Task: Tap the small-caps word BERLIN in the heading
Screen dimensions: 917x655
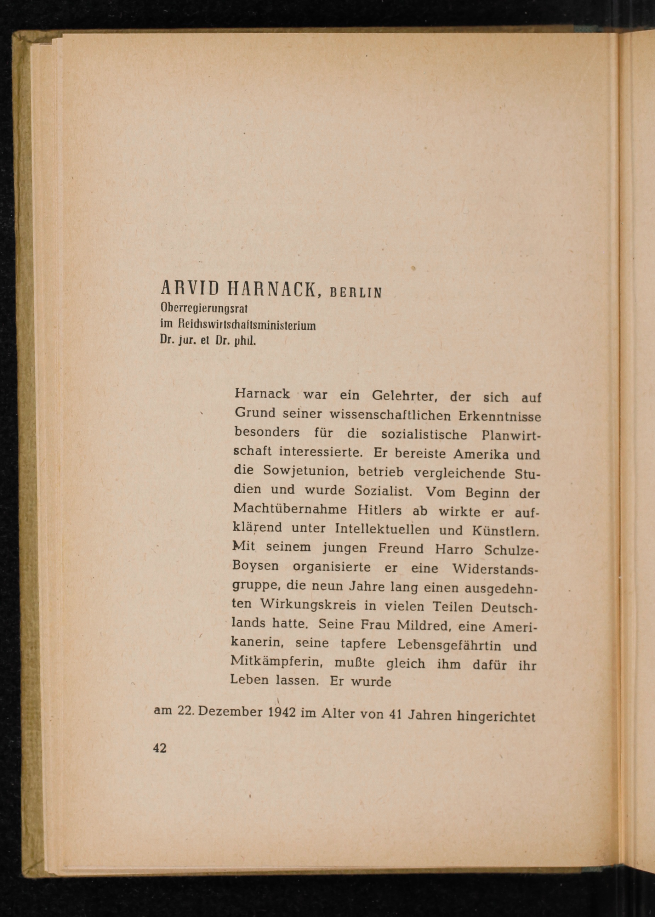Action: point(355,292)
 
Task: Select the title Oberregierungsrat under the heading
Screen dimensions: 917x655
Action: point(204,309)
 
